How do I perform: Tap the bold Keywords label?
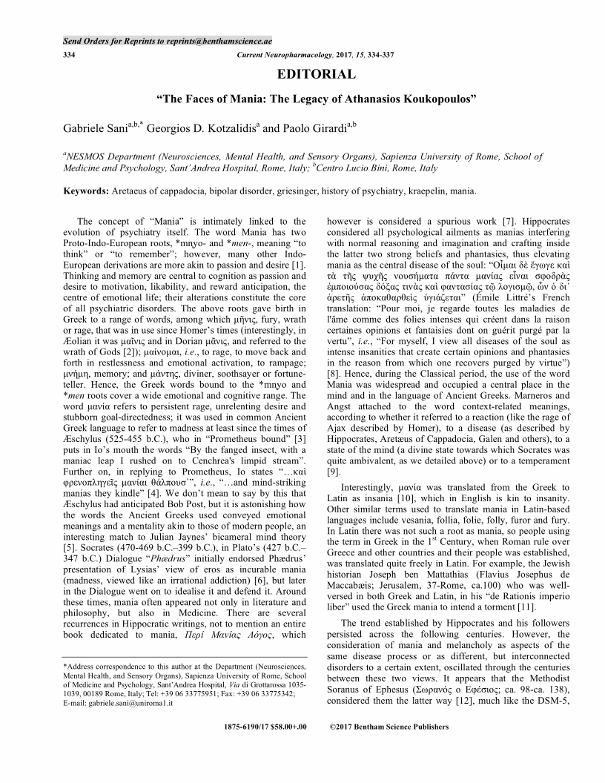pos(85,191)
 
